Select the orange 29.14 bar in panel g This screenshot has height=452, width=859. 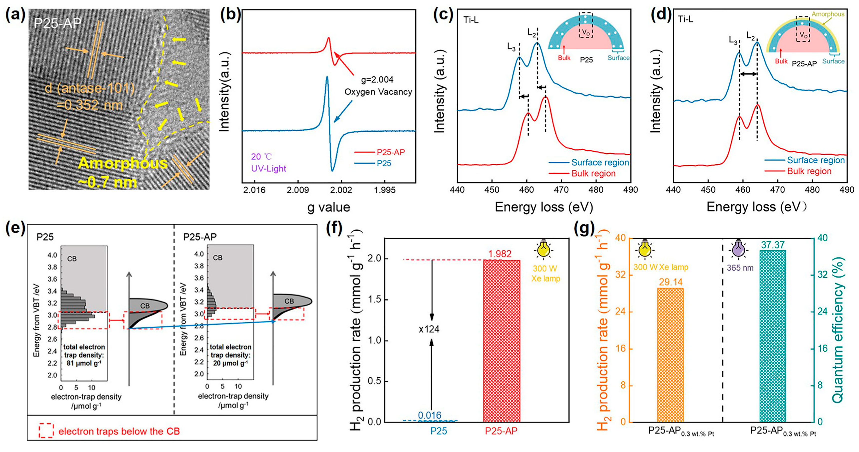(x=670, y=355)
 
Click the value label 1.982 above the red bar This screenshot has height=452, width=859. (x=500, y=254)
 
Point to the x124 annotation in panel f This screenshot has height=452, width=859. (x=429, y=329)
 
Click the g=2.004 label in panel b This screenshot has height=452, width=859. (x=377, y=80)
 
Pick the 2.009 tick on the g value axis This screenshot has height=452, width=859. (x=297, y=190)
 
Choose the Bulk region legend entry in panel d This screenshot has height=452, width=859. (x=809, y=171)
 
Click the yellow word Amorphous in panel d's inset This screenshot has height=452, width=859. (x=828, y=14)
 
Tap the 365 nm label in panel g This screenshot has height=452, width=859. (x=740, y=268)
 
